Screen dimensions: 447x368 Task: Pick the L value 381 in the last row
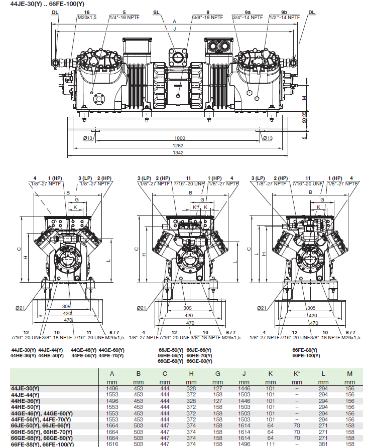[323, 444]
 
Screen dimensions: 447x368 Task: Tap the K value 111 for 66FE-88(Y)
[270, 444]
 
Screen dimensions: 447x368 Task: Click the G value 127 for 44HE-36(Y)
[217, 401]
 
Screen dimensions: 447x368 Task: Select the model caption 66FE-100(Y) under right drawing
[306, 356]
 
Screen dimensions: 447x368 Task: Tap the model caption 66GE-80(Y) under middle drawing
[199, 361]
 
